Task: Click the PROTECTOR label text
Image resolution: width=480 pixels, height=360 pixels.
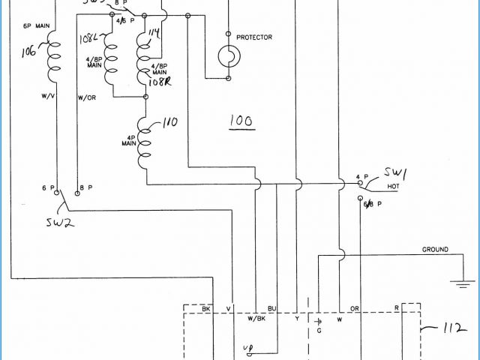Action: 253,37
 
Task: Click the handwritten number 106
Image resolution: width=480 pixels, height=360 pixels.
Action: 29,52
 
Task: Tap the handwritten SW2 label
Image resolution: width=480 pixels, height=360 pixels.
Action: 58,223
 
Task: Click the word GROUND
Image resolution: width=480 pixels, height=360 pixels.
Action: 435,250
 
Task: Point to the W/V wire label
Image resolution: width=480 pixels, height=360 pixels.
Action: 47,97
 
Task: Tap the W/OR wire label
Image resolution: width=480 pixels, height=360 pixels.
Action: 86,97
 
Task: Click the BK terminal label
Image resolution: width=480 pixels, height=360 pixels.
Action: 206,309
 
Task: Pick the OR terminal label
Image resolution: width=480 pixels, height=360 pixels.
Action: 355,309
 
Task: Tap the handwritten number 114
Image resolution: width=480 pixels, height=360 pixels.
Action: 155,32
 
